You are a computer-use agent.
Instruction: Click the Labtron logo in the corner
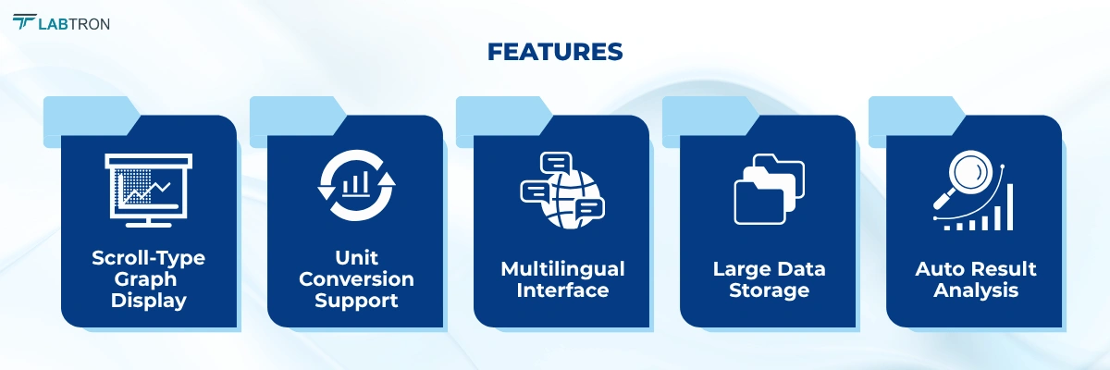click(x=61, y=22)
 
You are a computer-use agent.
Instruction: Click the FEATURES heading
click(x=554, y=53)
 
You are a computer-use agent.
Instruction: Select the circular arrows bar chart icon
click(x=356, y=188)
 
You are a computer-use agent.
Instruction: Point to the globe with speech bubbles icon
click(x=561, y=190)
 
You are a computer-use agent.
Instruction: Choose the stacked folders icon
click(x=769, y=189)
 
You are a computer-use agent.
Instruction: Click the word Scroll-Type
click(x=148, y=258)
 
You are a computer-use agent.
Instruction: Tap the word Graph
click(x=148, y=279)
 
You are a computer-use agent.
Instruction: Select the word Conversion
click(x=356, y=279)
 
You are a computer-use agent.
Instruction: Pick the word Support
click(x=356, y=301)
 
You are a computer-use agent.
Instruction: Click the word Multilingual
click(x=562, y=269)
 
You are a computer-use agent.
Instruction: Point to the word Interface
click(x=562, y=290)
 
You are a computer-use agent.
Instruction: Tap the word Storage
click(x=769, y=290)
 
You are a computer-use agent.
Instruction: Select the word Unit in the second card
click(x=356, y=258)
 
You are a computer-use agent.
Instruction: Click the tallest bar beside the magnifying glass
click(x=1009, y=206)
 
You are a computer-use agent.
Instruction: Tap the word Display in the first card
click(x=148, y=301)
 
